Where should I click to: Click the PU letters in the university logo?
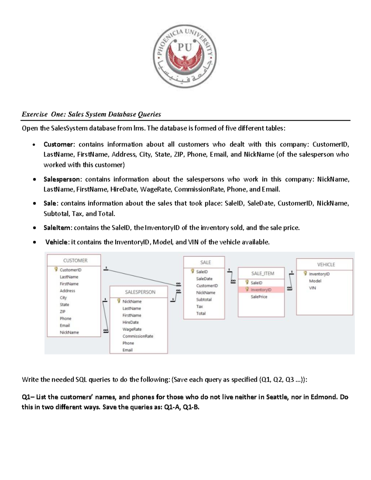coord(185,48)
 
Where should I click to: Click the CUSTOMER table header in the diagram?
coord(75,261)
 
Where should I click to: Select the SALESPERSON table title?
coord(140,292)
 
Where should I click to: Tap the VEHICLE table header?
coord(326,265)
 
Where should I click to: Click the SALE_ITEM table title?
coord(262,274)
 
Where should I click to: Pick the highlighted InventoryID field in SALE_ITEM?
coord(261,290)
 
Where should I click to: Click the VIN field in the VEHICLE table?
coord(312,288)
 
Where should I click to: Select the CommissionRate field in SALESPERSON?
coord(138,336)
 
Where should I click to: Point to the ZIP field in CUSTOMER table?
coord(62,312)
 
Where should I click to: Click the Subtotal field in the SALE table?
coord(204,299)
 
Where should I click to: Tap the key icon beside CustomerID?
coord(56,270)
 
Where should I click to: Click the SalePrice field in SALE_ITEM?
coord(259,297)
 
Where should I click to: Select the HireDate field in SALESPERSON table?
coord(130,322)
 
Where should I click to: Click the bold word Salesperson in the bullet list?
coord(62,179)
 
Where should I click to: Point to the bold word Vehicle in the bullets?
coord(57,242)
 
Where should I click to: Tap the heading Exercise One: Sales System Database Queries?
coord(91,114)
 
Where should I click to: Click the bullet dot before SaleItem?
coord(35,228)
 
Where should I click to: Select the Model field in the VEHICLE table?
coord(315,281)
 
